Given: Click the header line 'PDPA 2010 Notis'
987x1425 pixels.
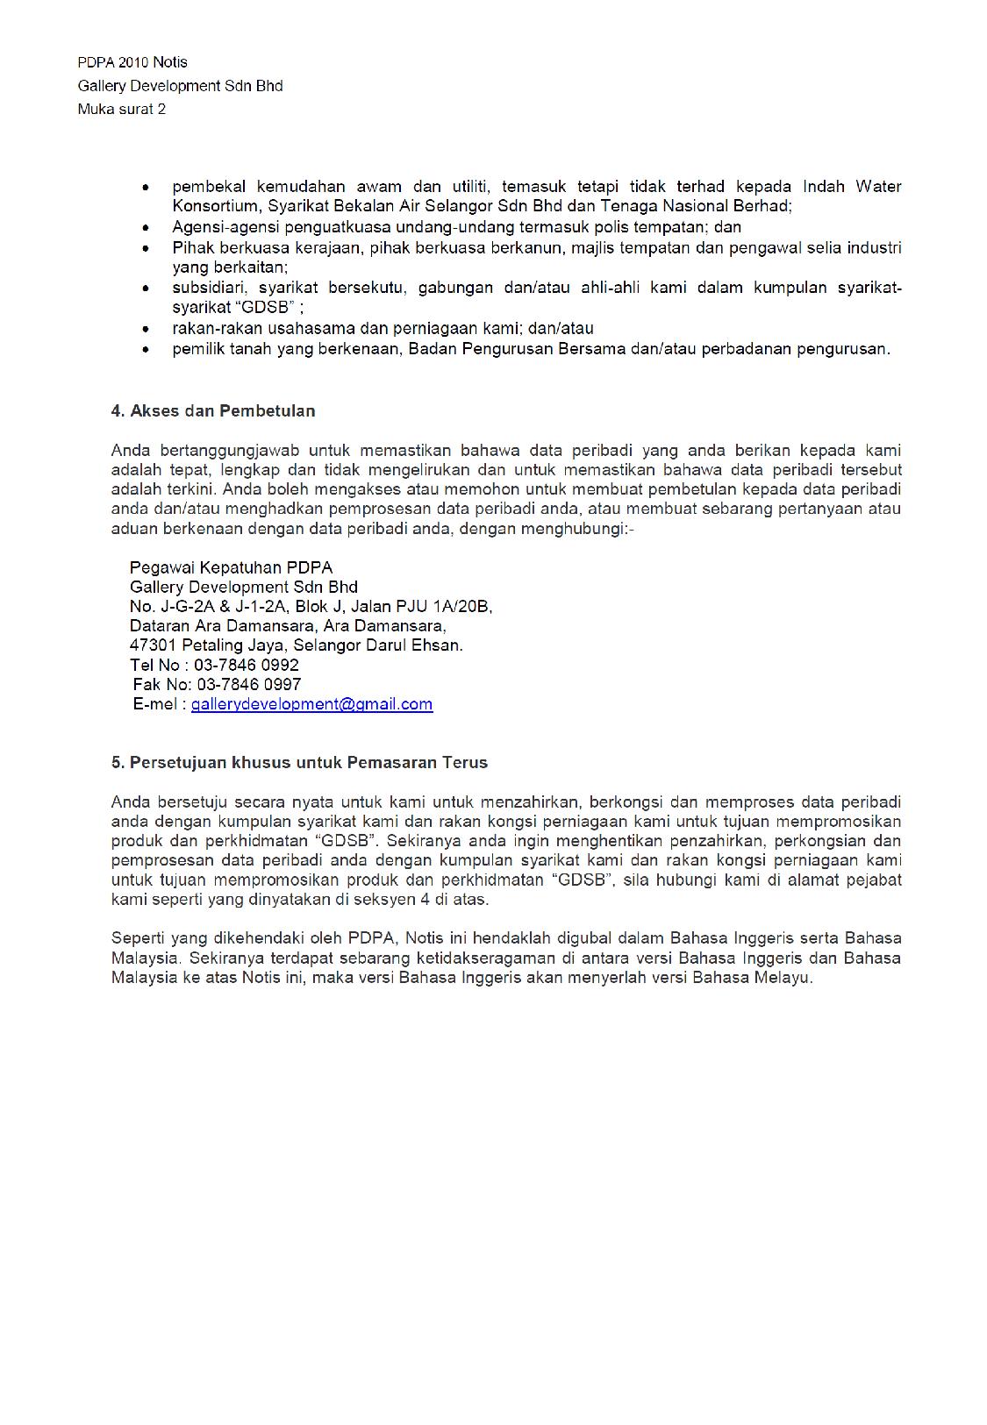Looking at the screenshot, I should (x=132, y=62).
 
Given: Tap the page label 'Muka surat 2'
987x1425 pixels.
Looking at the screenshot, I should (x=121, y=110).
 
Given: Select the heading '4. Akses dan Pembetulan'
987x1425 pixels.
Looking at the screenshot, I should (x=213, y=411).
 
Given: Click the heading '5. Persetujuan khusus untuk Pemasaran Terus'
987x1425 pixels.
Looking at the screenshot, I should (x=299, y=763).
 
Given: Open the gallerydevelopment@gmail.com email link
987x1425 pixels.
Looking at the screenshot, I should (x=311, y=704).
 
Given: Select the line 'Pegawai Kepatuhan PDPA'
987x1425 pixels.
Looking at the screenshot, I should (x=231, y=568).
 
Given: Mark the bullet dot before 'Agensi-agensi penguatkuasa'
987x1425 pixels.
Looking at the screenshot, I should (x=146, y=228).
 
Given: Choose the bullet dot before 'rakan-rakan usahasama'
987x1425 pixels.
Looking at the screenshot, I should (x=146, y=330).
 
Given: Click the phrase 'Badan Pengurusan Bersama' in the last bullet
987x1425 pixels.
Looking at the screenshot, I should (x=502, y=349).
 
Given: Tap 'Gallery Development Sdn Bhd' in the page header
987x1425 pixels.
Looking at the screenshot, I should (x=180, y=86).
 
